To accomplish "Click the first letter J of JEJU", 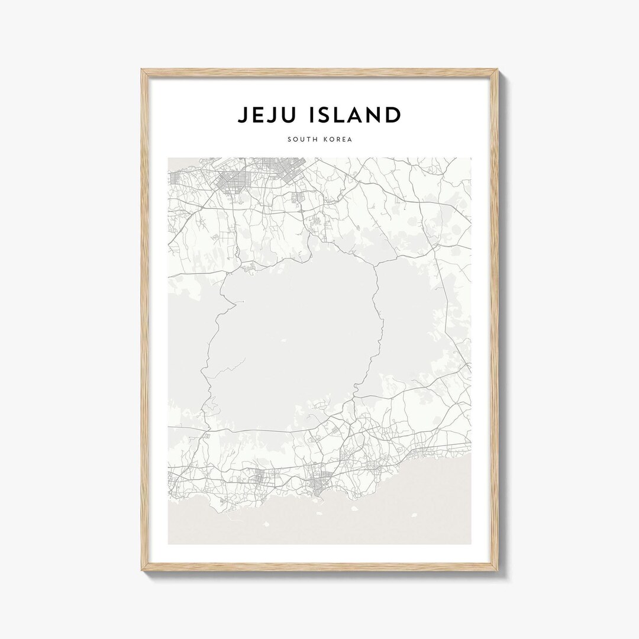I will tap(243, 115).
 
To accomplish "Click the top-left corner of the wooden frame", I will tap(142, 70).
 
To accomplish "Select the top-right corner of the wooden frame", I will tap(498, 70).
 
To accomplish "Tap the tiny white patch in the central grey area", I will tap(284, 340).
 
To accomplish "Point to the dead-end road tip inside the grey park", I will tap(243, 302).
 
